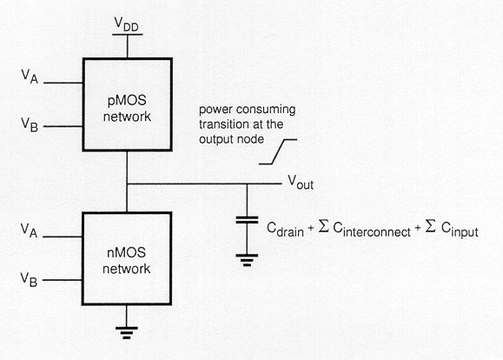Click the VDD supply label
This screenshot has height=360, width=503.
pyautogui.click(x=127, y=24)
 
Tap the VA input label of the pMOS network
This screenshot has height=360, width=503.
pyautogui.click(x=30, y=77)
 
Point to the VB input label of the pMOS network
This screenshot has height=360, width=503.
pyautogui.click(x=30, y=124)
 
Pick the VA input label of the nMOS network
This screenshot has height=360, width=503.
pyautogui.click(x=29, y=230)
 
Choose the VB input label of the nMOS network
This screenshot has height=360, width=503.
pyautogui.click(x=29, y=279)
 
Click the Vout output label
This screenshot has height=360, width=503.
pyautogui.click(x=301, y=182)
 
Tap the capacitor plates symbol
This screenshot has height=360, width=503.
pyautogui.click(x=247, y=220)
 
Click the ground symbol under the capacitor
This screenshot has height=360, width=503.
pyautogui.click(x=247, y=260)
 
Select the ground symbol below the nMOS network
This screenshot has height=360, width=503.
pyautogui.click(x=126, y=333)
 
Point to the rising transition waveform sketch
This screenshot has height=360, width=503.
pyautogui.click(x=278, y=151)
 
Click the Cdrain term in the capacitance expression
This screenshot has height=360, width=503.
pyautogui.click(x=285, y=230)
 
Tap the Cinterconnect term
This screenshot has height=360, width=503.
pyautogui.click(x=372, y=230)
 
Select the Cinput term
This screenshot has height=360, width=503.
pyautogui.click(x=460, y=230)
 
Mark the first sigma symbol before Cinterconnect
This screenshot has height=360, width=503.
pyautogui.click(x=324, y=226)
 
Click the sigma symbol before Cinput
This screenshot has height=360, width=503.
pyautogui.click(x=431, y=226)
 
